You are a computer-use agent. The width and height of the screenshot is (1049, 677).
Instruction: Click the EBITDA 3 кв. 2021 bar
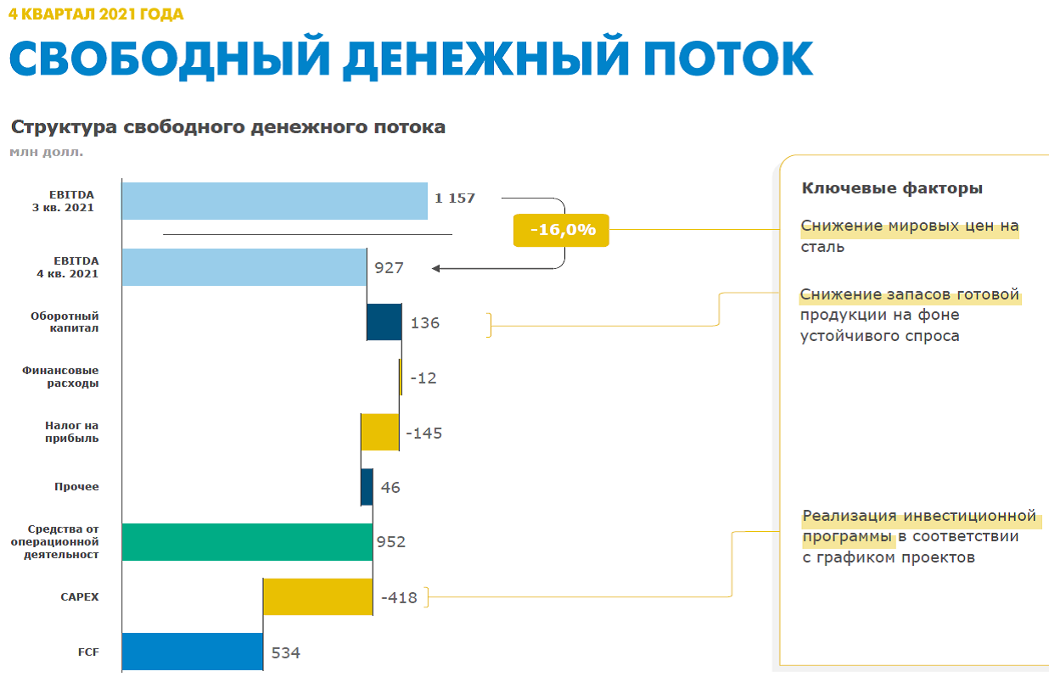click(274, 201)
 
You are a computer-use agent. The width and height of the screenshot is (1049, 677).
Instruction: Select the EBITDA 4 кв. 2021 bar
click(244, 267)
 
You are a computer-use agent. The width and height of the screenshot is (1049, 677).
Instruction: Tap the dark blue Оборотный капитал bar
click(384, 322)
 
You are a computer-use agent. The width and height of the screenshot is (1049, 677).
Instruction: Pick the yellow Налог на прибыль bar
click(379, 432)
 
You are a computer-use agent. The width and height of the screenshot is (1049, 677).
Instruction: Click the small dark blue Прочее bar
click(367, 487)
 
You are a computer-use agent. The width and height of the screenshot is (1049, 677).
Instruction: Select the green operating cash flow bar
click(247, 542)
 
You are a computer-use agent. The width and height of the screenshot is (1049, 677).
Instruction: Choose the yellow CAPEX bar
click(318, 596)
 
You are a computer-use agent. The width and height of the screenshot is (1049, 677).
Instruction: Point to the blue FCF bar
click(193, 652)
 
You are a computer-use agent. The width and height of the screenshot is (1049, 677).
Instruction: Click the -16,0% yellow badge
click(561, 230)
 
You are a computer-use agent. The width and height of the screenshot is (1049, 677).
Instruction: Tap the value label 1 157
click(455, 198)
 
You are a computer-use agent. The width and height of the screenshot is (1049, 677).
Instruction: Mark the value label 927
click(389, 268)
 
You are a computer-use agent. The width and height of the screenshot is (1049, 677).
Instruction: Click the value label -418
click(399, 598)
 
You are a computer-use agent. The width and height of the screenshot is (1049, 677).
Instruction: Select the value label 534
click(286, 652)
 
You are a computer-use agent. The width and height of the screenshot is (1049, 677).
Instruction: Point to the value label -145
click(424, 433)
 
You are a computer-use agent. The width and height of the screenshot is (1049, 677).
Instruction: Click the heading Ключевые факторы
click(892, 188)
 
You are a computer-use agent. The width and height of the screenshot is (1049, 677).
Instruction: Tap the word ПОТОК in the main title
click(728, 59)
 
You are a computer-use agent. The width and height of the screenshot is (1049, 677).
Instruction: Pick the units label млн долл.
click(47, 152)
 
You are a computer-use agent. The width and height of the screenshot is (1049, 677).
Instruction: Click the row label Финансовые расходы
click(60, 377)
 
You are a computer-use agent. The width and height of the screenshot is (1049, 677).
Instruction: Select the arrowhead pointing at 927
click(435, 268)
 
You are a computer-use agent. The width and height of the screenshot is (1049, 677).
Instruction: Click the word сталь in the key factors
click(822, 247)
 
